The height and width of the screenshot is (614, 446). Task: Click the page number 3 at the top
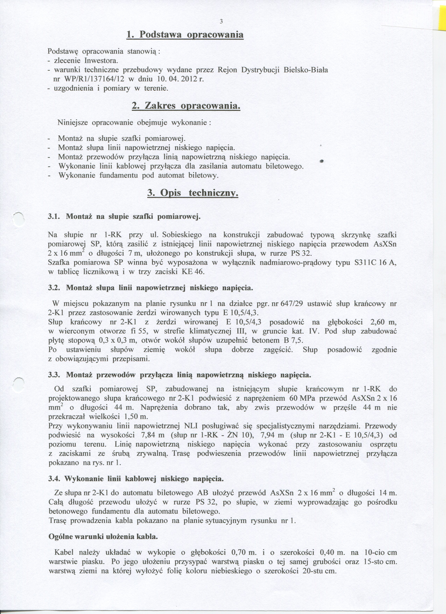[x=221, y=22]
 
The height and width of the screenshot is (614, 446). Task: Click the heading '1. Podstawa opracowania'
[x=185, y=35]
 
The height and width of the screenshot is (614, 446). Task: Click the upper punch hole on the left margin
[x=18, y=220]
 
